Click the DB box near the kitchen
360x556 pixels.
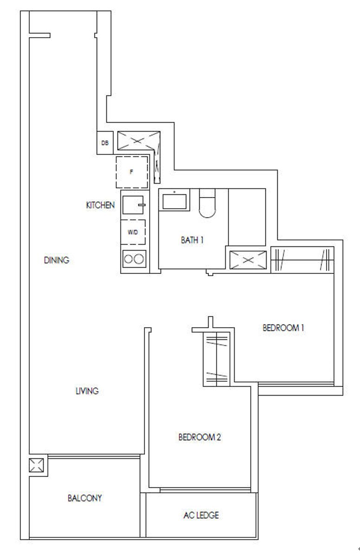click(x=105, y=143)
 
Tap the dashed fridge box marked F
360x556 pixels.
click(x=132, y=172)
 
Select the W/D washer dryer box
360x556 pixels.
click(x=133, y=232)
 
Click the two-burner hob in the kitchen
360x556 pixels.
click(x=134, y=259)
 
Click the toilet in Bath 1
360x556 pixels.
click(x=207, y=203)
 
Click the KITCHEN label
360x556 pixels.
click(x=100, y=205)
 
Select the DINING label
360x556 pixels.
click(x=56, y=260)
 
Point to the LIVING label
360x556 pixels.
click(x=87, y=391)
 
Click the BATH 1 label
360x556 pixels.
click(x=192, y=240)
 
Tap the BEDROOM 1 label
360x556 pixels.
click(x=283, y=328)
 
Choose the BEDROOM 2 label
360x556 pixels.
click(x=199, y=437)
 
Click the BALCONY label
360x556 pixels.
click(x=85, y=498)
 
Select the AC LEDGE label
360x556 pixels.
click(x=201, y=515)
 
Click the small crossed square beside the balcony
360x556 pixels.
click(x=37, y=465)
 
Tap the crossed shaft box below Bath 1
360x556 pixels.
click(x=248, y=260)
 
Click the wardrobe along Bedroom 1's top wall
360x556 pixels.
click(x=302, y=260)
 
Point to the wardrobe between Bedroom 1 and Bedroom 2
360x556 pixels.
click(x=216, y=359)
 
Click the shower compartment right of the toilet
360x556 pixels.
click(x=247, y=217)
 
